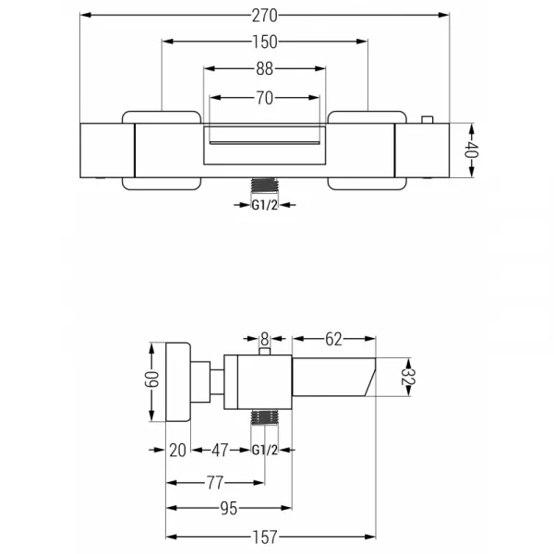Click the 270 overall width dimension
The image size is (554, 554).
pyautogui.click(x=265, y=16)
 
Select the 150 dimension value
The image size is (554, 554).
pyautogui.click(x=265, y=42)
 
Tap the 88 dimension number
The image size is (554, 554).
pyautogui.click(x=265, y=69)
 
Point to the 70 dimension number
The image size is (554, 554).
pyautogui.click(x=265, y=98)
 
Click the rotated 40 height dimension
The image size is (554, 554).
pyautogui.click(x=472, y=150)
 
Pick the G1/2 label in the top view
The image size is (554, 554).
pyautogui.click(x=265, y=205)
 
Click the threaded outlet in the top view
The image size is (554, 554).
pyautogui.click(x=265, y=186)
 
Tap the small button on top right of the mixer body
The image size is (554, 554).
pyautogui.click(x=428, y=120)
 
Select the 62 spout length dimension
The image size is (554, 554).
pyautogui.click(x=333, y=339)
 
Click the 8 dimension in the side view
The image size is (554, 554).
pyautogui.click(x=265, y=339)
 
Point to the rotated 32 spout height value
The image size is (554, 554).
pyautogui.click(x=408, y=377)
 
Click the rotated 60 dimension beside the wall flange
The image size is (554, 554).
pyautogui.click(x=152, y=379)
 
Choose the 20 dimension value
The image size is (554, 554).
pyautogui.click(x=177, y=451)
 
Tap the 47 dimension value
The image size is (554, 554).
pyautogui.click(x=220, y=451)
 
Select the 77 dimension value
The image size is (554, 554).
pyautogui.click(x=215, y=483)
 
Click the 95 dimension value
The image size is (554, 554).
pyautogui.click(x=229, y=509)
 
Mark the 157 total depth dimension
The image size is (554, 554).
pyautogui.click(x=265, y=537)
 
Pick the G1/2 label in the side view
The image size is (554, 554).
pyautogui.click(x=265, y=451)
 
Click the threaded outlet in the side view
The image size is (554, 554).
pyautogui.click(x=265, y=417)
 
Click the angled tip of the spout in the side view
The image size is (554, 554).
pyautogui.click(x=370, y=377)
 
